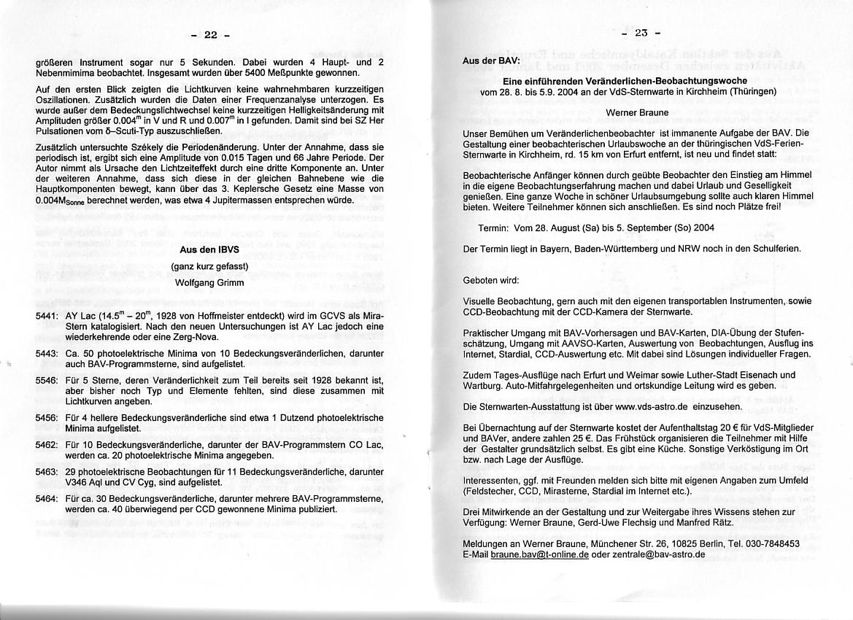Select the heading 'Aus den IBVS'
[209, 249]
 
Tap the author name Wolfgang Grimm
[209, 282]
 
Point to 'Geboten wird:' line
[491, 280]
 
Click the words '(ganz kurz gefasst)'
[209, 266]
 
